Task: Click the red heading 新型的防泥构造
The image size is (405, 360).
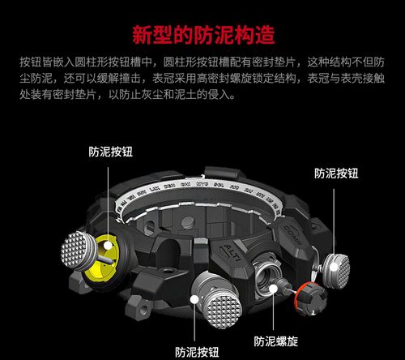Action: point(202,35)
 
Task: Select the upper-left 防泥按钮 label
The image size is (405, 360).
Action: point(112,150)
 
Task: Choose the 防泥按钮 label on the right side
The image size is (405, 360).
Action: point(336,172)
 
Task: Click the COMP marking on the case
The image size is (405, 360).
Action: point(293,230)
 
